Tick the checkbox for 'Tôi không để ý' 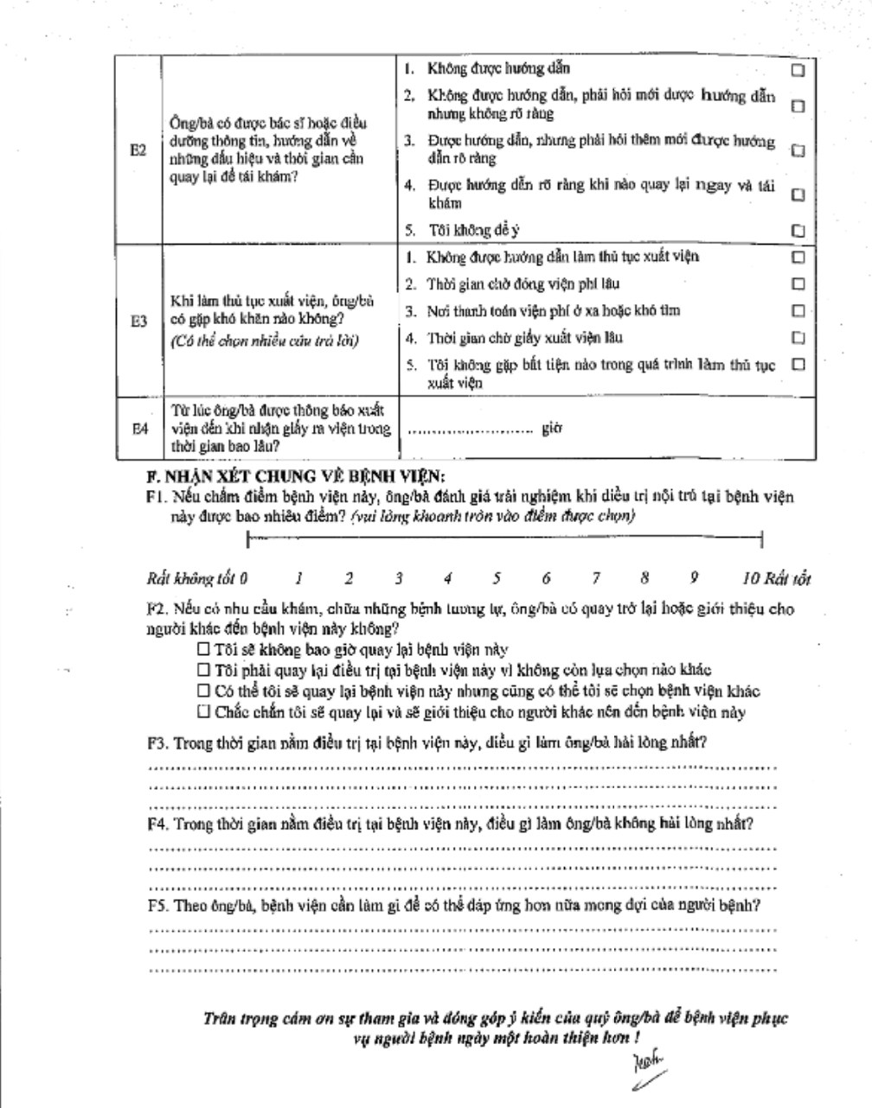click(799, 231)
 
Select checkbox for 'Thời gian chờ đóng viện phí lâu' click(799, 283)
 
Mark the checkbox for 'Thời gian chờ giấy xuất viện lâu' click(799, 337)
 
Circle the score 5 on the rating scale click(497, 576)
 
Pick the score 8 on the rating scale click(645, 576)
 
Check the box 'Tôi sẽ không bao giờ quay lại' click(203, 649)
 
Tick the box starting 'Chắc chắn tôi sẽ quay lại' click(203, 712)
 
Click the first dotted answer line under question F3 click(463, 766)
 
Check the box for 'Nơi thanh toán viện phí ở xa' click(799, 310)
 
